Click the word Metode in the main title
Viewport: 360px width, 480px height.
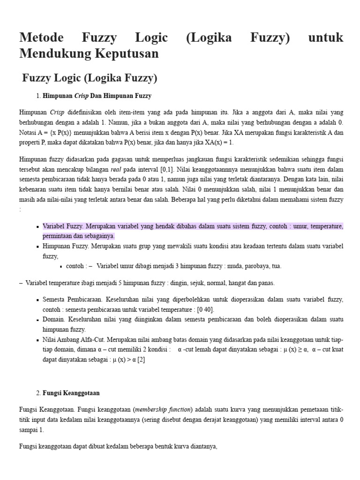[46, 38]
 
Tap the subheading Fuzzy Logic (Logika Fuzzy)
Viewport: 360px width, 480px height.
[90, 78]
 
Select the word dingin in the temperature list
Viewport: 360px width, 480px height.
[176, 283]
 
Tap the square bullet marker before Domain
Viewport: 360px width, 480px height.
[37, 320]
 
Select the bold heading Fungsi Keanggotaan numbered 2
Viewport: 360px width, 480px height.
[71, 393]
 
